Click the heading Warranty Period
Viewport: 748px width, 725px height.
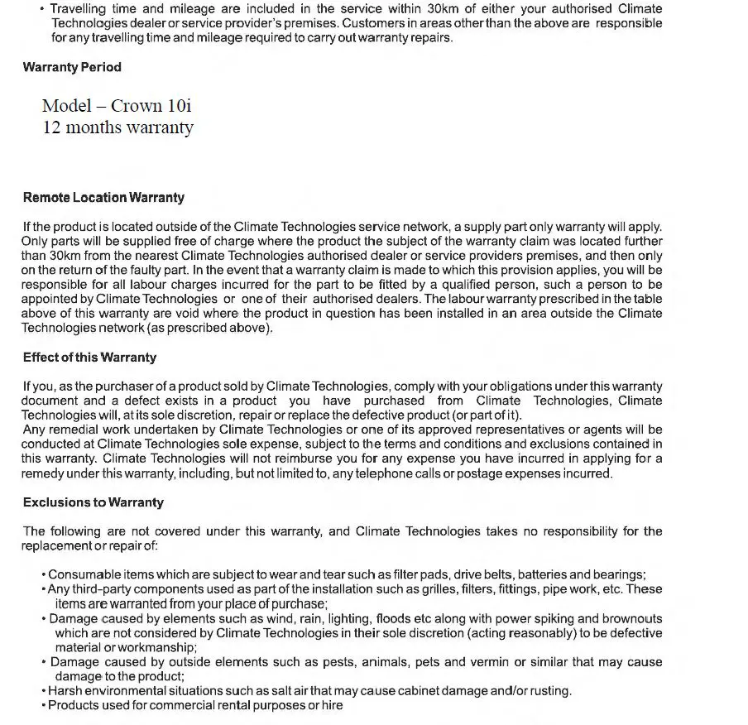(x=72, y=67)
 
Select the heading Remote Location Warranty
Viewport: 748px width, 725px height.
(x=103, y=198)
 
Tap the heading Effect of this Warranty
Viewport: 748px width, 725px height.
(x=89, y=358)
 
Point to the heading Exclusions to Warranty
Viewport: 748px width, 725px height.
(x=93, y=502)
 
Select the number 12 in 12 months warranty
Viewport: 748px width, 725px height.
(x=52, y=128)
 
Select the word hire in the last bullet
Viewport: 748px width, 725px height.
(x=331, y=706)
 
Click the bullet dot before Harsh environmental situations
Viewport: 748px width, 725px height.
(x=43, y=691)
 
